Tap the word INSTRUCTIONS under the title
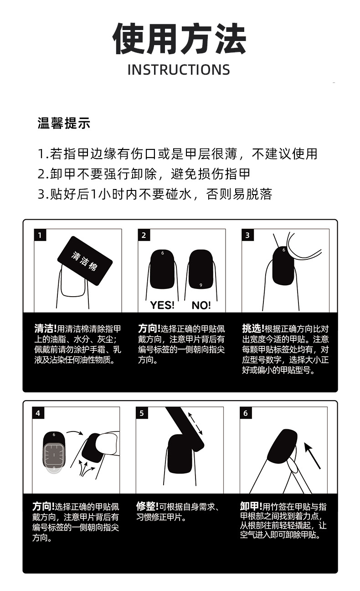[179, 70]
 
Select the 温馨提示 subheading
[63, 123]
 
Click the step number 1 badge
[40, 235]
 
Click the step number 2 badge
[144, 235]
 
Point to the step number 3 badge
[247, 235]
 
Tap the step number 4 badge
[38, 413]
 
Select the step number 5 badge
[142, 413]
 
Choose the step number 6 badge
[246, 413]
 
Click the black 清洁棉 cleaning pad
[85, 261]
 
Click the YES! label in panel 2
[162, 305]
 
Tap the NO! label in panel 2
[201, 305]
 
